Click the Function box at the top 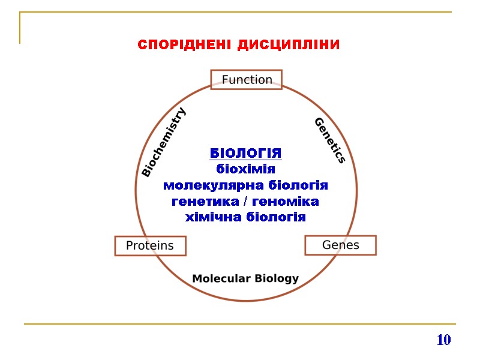click(247, 80)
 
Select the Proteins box click(150, 245)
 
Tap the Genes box click(341, 245)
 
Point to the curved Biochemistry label click(164, 142)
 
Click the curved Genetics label click(330, 140)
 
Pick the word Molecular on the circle click(220, 278)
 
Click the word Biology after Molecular click(277, 278)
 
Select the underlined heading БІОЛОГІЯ click(245, 154)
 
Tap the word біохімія click(245, 169)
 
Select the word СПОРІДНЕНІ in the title click(184, 45)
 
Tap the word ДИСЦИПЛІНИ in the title click(289, 45)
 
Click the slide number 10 click(443, 340)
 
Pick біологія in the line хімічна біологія click(276, 217)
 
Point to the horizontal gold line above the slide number click(240, 324)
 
